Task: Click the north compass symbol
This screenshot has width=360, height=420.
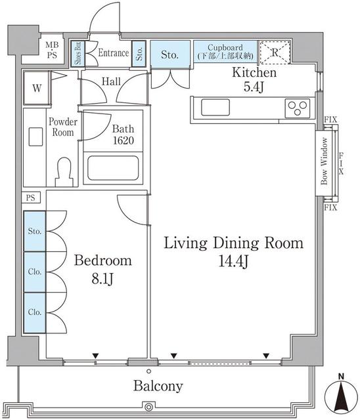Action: point(341,396)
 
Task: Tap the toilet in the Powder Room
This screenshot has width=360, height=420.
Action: point(64,172)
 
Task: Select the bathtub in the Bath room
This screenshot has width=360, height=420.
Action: point(113,168)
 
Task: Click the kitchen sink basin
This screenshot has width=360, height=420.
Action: point(215,108)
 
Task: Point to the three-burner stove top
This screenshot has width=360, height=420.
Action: point(298,108)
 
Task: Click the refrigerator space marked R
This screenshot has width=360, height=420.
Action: point(275,52)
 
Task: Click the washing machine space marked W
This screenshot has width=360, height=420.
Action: point(37,88)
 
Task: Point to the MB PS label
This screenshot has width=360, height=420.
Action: point(52,50)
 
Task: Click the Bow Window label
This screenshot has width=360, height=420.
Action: point(325,161)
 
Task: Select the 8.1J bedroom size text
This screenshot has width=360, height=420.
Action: point(102,279)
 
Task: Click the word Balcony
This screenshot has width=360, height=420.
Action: point(158,386)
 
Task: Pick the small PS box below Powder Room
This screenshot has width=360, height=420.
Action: point(31,198)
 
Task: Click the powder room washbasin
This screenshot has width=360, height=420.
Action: point(35,137)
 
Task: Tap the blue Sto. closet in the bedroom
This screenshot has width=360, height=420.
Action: point(35,231)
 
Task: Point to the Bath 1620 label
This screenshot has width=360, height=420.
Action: point(123,135)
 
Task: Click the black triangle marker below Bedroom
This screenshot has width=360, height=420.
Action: point(95,356)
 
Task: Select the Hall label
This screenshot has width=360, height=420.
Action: point(111,81)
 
